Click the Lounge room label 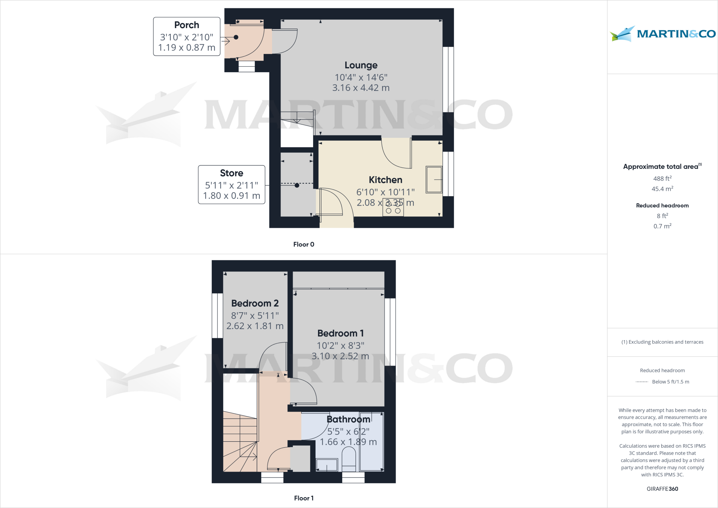click(x=361, y=65)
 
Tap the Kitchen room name click(x=385, y=180)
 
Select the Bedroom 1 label click(x=340, y=333)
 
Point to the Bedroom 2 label click(x=255, y=303)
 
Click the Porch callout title click(x=187, y=25)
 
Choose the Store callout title click(x=231, y=173)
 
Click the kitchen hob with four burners click(x=393, y=207)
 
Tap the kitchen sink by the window click(x=434, y=180)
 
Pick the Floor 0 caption click(x=304, y=245)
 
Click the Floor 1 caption click(x=304, y=498)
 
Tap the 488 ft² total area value click(x=662, y=179)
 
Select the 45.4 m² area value click(x=662, y=189)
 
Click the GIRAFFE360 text click(x=662, y=489)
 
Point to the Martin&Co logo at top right click(x=663, y=34)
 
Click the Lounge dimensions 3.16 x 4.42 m click(x=361, y=88)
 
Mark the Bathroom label click(x=348, y=420)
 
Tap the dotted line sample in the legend click(x=642, y=382)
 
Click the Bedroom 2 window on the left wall click(x=217, y=316)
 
